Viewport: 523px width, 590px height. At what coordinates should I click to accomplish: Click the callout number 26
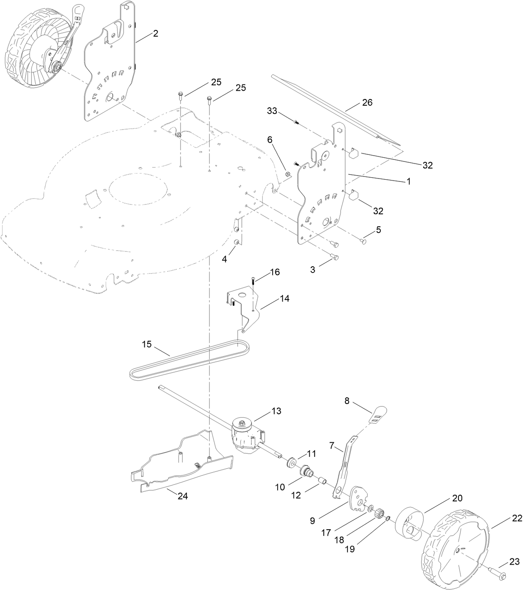(x=367, y=102)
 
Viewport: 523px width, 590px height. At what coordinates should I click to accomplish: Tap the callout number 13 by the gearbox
(x=276, y=411)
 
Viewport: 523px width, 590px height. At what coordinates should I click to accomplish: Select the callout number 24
(x=183, y=496)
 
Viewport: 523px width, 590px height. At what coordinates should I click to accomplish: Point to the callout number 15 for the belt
(x=147, y=344)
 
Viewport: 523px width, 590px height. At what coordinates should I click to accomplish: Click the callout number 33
(x=272, y=111)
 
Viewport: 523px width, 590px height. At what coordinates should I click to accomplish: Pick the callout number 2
(x=156, y=33)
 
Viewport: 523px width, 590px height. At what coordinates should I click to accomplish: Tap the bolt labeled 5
(x=363, y=241)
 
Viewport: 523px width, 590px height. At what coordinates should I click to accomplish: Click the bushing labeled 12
(x=323, y=480)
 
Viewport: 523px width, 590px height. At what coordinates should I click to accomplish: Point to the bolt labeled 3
(x=335, y=257)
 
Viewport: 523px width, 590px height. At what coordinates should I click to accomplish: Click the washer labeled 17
(x=370, y=509)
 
